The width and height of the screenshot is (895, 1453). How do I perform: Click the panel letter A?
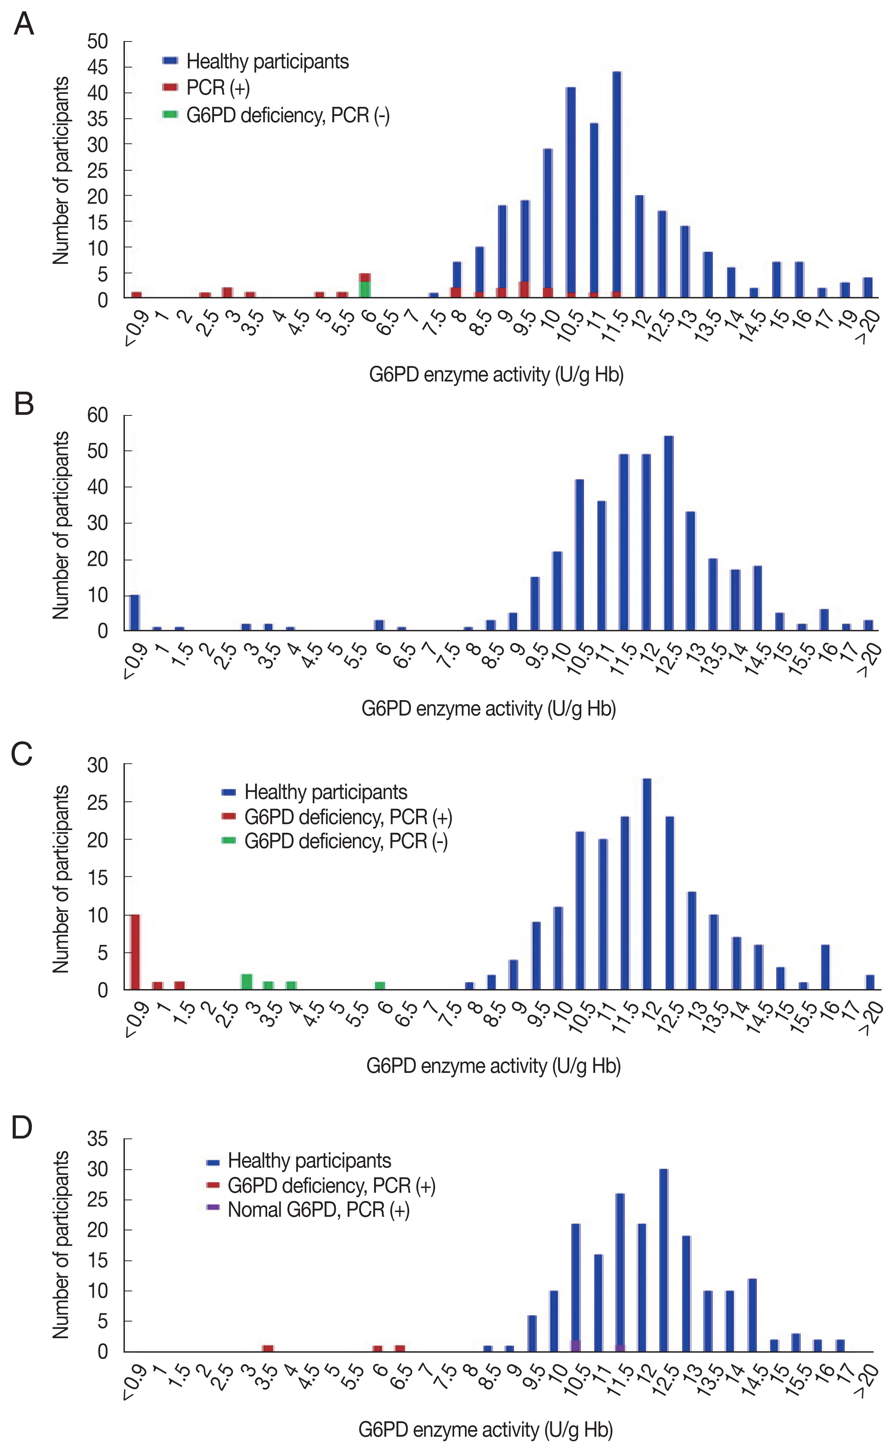(24, 25)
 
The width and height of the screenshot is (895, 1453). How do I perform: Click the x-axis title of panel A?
(496, 375)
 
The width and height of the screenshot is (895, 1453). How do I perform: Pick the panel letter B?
(24, 405)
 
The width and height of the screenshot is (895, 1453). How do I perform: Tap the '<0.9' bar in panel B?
(135, 613)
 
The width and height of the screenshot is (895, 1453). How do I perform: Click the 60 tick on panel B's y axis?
(98, 415)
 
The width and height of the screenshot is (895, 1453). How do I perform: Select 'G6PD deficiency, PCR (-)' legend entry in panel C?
(346, 841)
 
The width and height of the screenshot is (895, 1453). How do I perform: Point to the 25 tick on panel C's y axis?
(98, 802)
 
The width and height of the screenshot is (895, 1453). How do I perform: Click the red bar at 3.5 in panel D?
(268, 1348)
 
